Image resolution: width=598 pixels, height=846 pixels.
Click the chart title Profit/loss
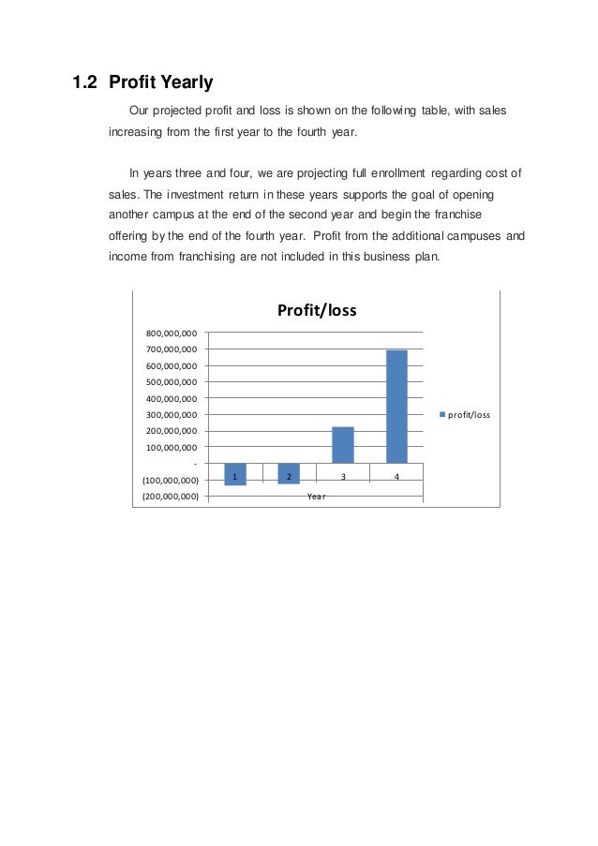[x=316, y=310]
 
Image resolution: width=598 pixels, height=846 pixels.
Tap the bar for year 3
[x=343, y=445]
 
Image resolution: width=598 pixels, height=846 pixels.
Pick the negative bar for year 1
[x=234, y=474]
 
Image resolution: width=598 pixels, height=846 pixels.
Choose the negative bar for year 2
[x=289, y=473]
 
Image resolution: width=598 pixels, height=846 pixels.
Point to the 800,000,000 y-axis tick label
[x=171, y=333]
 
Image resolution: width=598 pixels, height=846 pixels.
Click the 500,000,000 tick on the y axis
[x=171, y=382]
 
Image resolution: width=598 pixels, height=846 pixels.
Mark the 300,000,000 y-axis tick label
[x=171, y=414]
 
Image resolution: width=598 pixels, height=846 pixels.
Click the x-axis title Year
[x=316, y=496]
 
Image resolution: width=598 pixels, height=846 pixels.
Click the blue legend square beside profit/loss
[x=443, y=414]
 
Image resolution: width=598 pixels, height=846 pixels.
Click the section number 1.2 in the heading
[x=85, y=82]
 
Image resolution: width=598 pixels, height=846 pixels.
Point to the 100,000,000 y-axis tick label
[x=171, y=448]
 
